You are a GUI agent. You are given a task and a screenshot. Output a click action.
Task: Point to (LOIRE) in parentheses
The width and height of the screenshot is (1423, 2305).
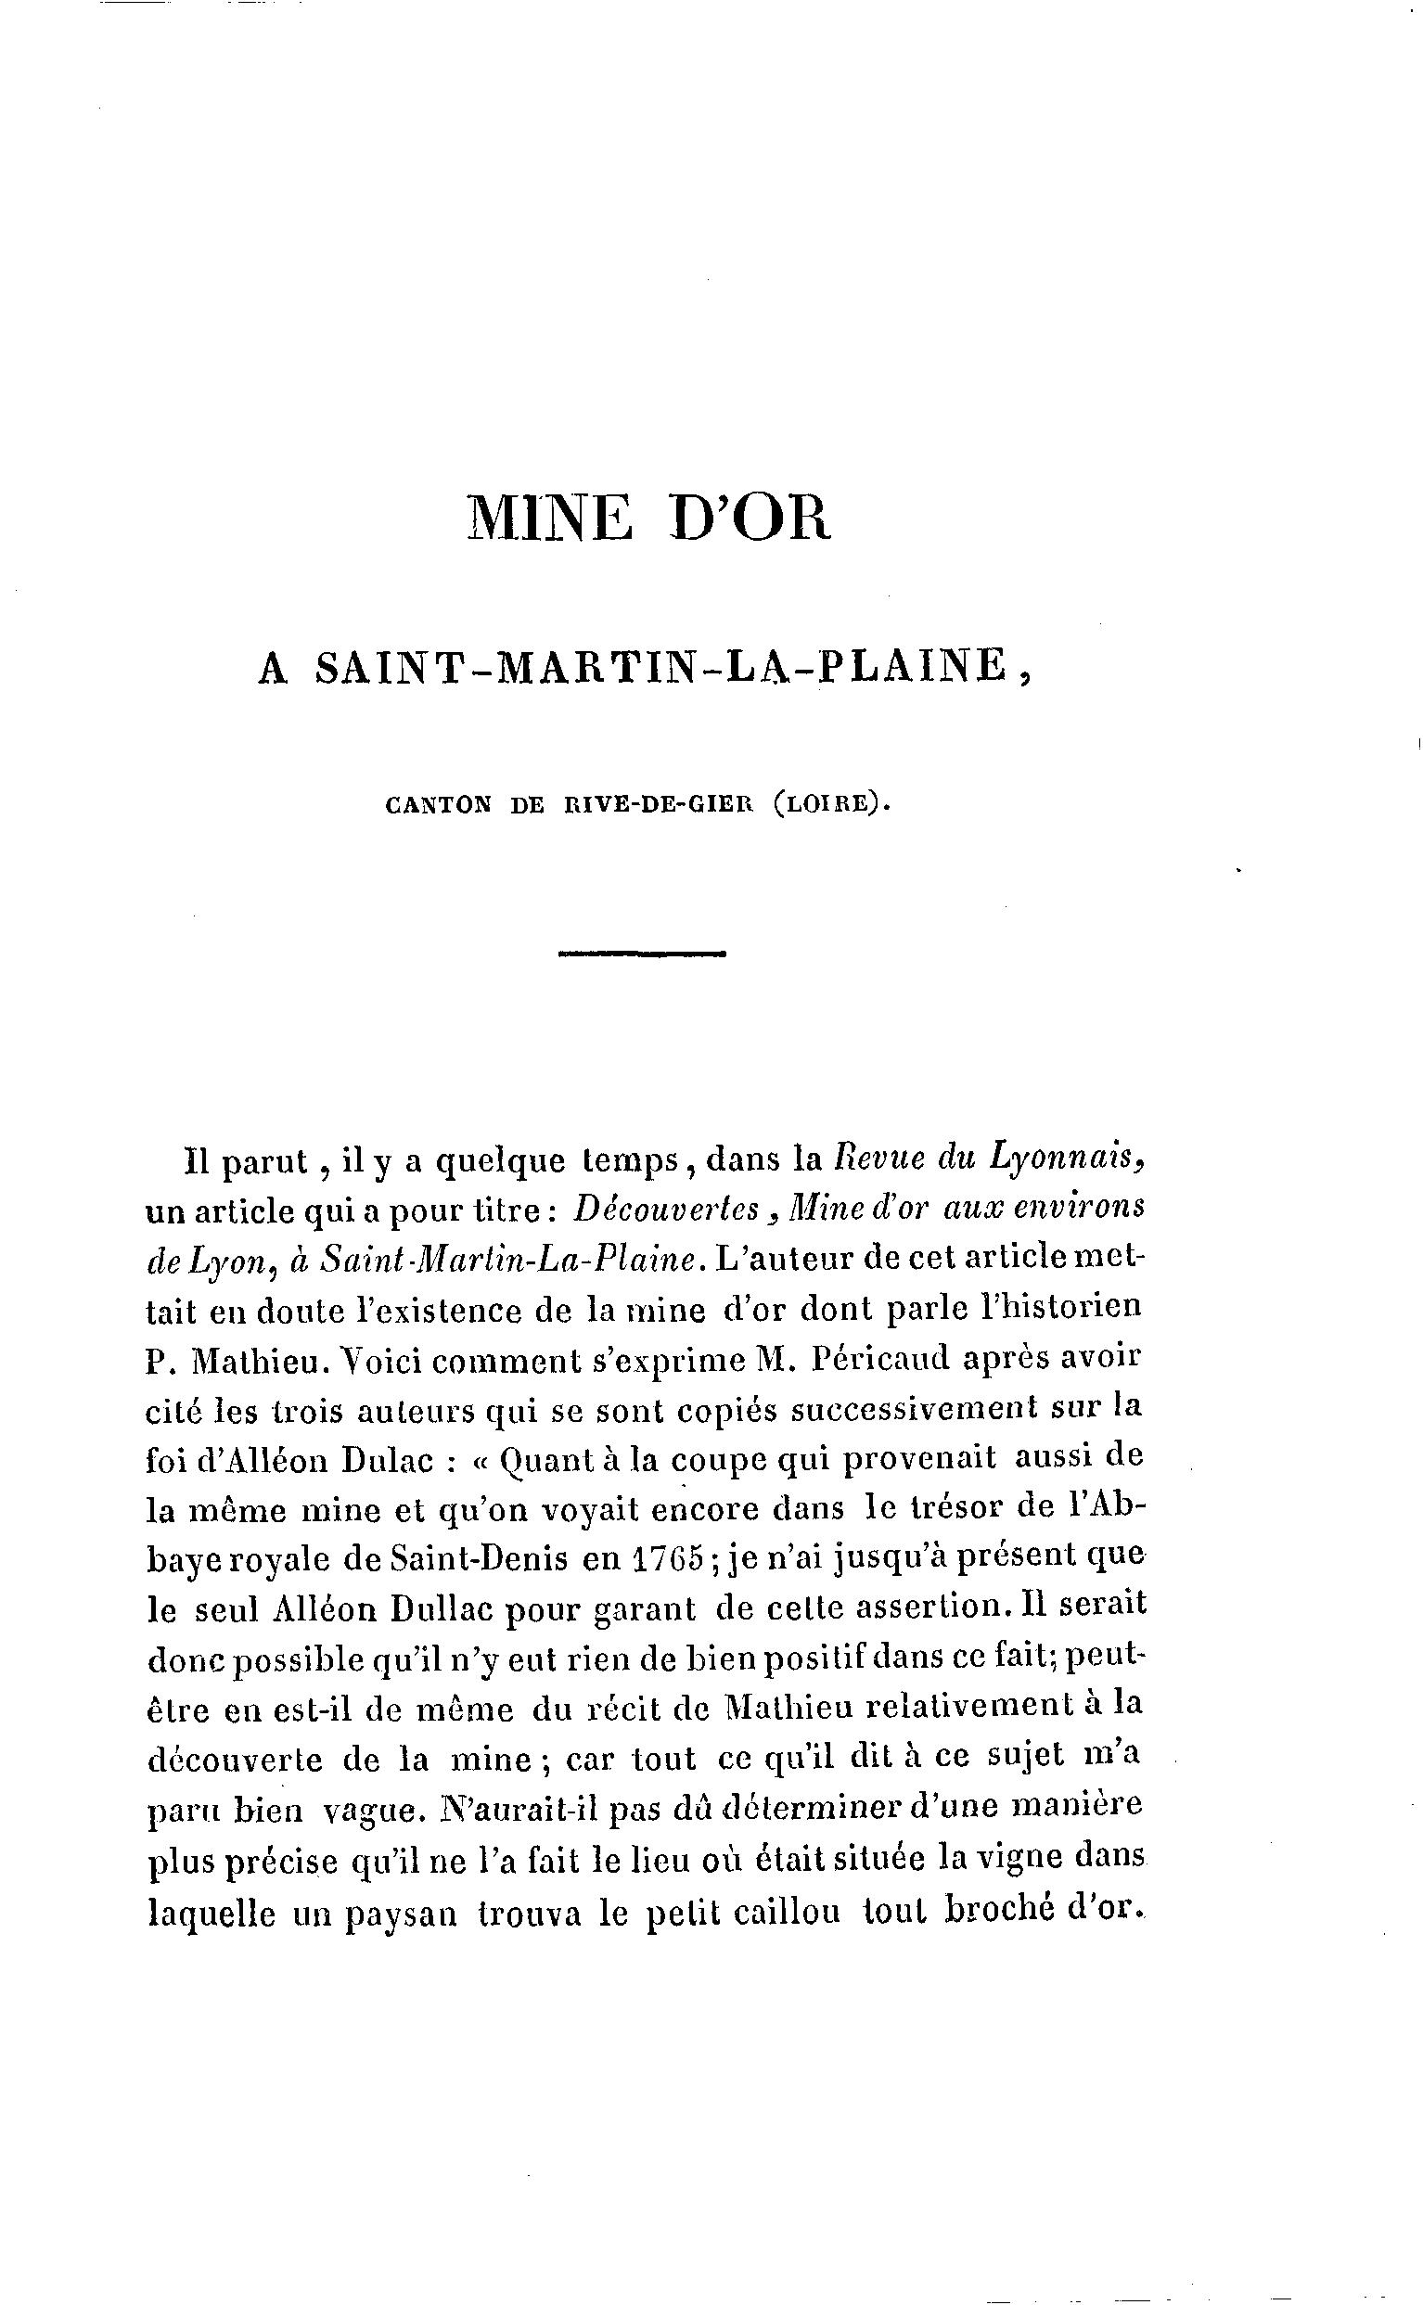click(x=828, y=805)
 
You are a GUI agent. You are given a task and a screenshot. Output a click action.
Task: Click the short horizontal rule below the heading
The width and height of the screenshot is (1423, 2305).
click(x=642, y=954)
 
